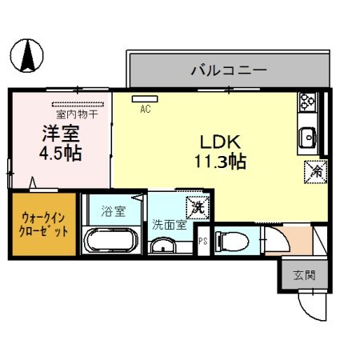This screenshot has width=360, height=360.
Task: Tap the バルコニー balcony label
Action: (x=228, y=70)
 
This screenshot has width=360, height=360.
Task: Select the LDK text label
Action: (x=215, y=142)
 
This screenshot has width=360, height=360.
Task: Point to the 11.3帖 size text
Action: (x=217, y=161)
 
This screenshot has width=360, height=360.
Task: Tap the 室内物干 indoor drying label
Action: (x=77, y=114)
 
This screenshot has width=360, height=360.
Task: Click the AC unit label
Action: (x=146, y=109)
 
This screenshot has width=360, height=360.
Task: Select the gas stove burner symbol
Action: (x=308, y=102)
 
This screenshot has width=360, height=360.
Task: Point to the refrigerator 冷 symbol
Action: (x=316, y=170)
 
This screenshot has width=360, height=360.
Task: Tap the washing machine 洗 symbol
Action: (x=196, y=206)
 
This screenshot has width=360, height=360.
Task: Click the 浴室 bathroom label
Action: (x=113, y=212)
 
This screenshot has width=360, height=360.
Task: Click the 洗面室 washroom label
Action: (x=169, y=225)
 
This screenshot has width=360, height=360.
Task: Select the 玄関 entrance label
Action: (x=304, y=275)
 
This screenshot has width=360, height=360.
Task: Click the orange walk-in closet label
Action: (x=44, y=224)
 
